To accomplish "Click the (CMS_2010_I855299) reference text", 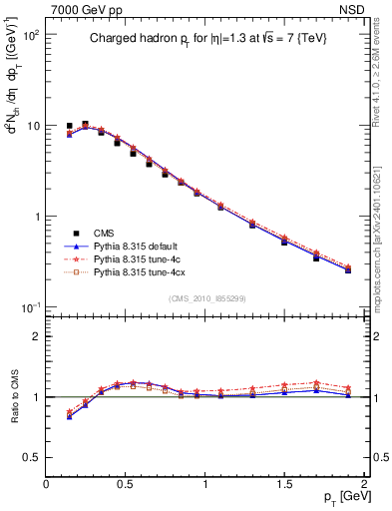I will pos(205,298).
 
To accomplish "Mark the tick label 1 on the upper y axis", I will pos(37,217).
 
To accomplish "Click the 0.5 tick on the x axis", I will pos(126,484).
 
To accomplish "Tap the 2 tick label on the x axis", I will pos(365,484).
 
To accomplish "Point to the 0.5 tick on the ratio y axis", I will pos(32,457).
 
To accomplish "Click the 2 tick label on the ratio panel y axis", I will pos(37,336).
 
